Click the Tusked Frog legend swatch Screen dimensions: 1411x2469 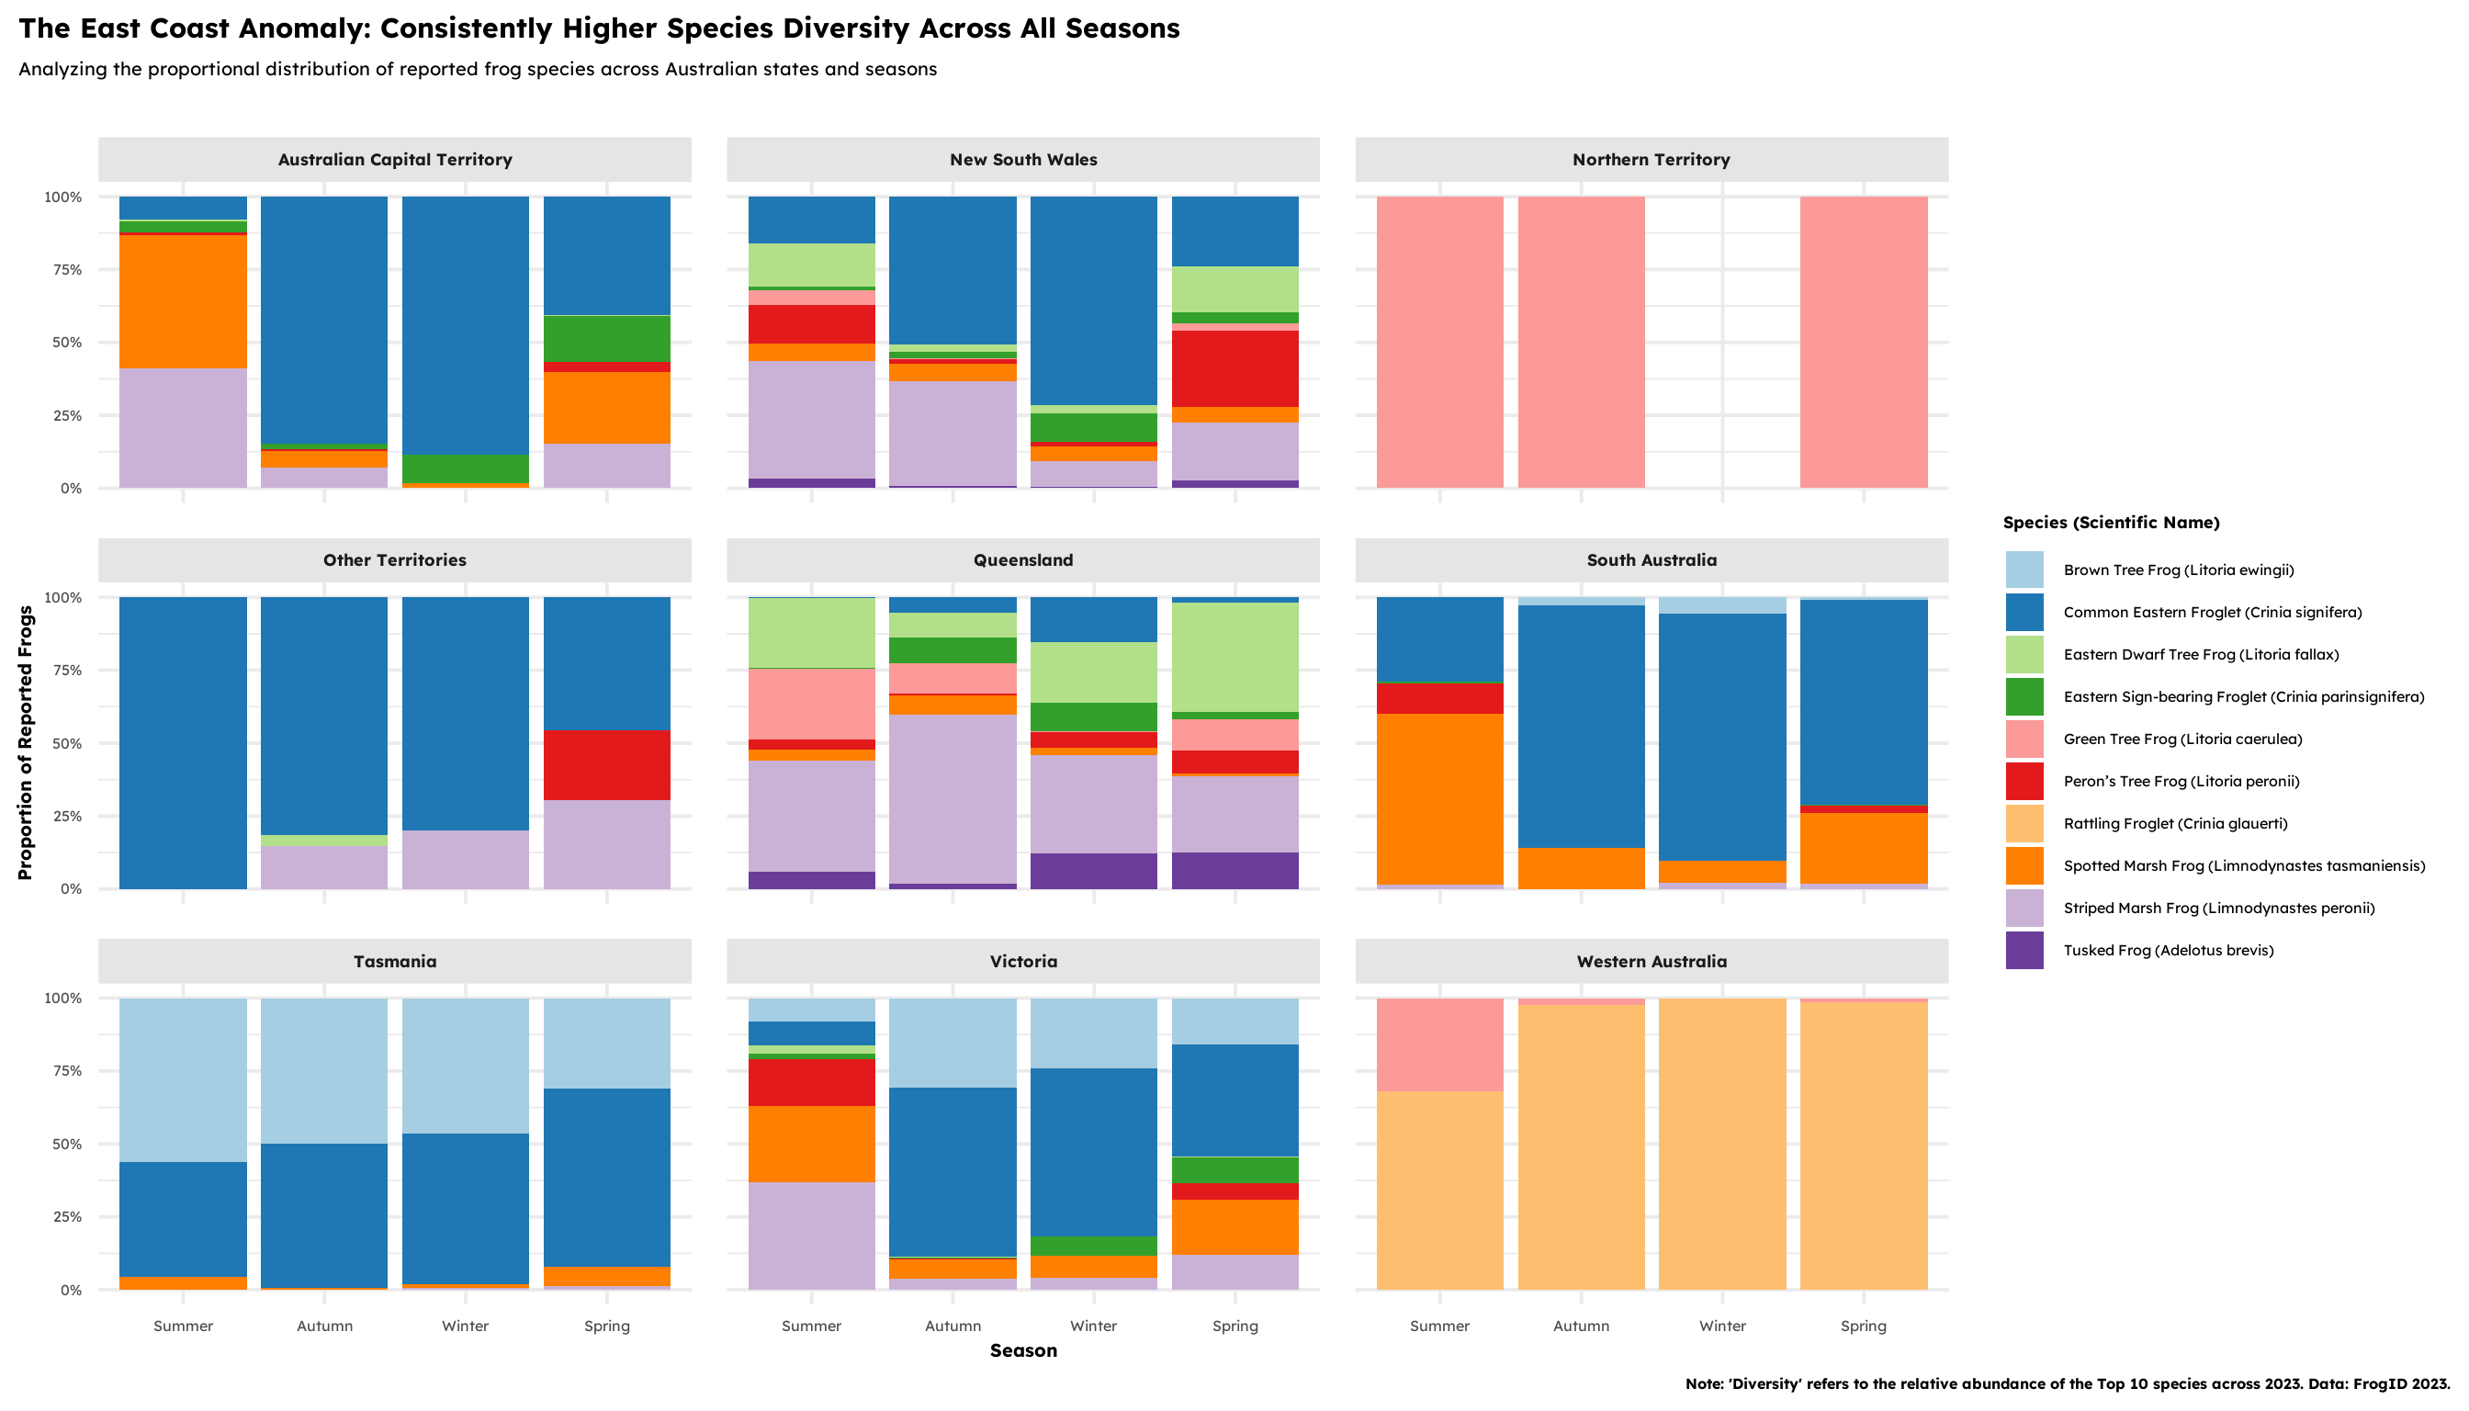(x=2024, y=951)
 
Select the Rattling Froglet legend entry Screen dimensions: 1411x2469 (x=2174, y=824)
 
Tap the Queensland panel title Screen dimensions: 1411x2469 (x=1022, y=560)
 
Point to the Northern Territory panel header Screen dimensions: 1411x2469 (x=1651, y=160)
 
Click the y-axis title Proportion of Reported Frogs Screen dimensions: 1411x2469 (x=25, y=742)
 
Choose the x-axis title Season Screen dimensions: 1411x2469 (x=1022, y=1351)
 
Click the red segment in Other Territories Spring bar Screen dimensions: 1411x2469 (x=606, y=764)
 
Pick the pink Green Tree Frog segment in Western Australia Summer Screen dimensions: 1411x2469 (x=1439, y=1044)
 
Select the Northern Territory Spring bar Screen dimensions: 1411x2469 (x=1863, y=342)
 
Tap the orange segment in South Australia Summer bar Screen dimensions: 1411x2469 (x=1439, y=798)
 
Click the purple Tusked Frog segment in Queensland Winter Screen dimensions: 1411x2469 (x=1093, y=870)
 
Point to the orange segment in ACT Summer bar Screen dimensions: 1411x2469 (x=183, y=301)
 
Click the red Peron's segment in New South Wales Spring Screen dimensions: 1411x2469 (x=1234, y=368)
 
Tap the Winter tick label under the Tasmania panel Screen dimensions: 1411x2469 (x=465, y=1326)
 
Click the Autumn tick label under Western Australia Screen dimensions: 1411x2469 (x=1581, y=1326)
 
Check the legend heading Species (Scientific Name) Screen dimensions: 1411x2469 (x=2111, y=524)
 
